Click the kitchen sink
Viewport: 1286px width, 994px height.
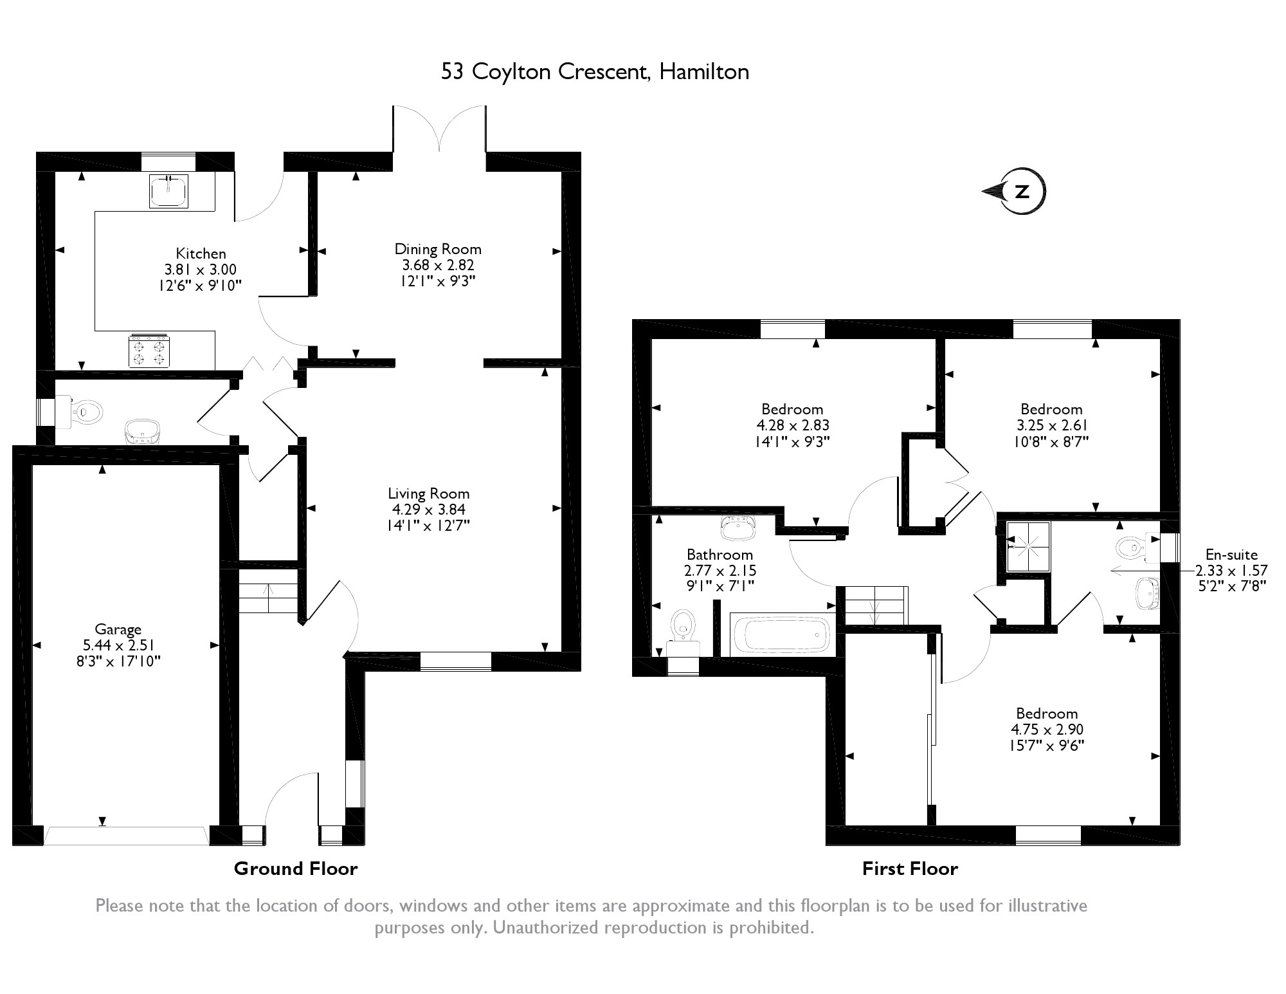[169, 190]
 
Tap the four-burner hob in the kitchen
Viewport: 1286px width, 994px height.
[149, 351]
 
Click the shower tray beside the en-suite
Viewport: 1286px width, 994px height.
[1028, 546]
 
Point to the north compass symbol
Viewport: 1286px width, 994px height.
[1014, 191]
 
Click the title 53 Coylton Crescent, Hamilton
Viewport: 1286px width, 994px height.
[595, 72]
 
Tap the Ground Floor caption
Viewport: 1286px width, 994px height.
[296, 869]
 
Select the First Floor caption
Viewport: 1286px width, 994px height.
[910, 869]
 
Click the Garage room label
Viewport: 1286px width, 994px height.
[118, 629]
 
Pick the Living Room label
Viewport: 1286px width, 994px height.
[429, 493]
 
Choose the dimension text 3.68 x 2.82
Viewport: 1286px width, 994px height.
[439, 265]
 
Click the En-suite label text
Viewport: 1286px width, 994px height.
[1231, 555]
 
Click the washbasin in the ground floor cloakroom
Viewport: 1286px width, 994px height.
[142, 431]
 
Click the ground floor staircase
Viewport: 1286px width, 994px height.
[269, 598]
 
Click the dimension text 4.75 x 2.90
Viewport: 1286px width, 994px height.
[1047, 730]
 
